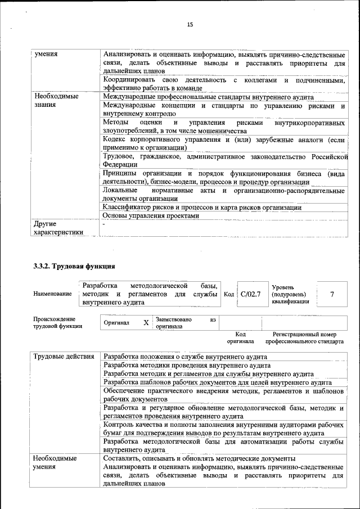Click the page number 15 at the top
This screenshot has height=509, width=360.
pyautogui.click(x=190, y=24)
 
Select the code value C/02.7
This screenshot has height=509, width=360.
pyautogui.click(x=250, y=294)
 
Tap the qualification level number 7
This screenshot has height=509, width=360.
pyautogui.click(x=332, y=294)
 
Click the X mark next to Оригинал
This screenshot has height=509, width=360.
pyautogui.click(x=146, y=323)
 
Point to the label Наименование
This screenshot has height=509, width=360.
pyautogui.click(x=52, y=294)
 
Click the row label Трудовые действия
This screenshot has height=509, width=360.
pyautogui.click(x=64, y=357)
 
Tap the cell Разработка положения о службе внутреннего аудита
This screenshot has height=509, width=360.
pyautogui.click(x=186, y=357)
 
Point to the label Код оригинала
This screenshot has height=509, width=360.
pyautogui.click(x=240, y=337)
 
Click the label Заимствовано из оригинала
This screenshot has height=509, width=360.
pyautogui.click(x=186, y=322)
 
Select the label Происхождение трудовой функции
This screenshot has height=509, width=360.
pyautogui.click(x=58, y=322)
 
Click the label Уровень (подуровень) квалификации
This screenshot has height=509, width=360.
pyautogui.click(x=290, y=294)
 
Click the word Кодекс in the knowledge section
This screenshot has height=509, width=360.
pyautogui.click(x=117, y=138)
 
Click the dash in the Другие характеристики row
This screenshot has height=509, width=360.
pyautogui.click(x=105, y=224)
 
